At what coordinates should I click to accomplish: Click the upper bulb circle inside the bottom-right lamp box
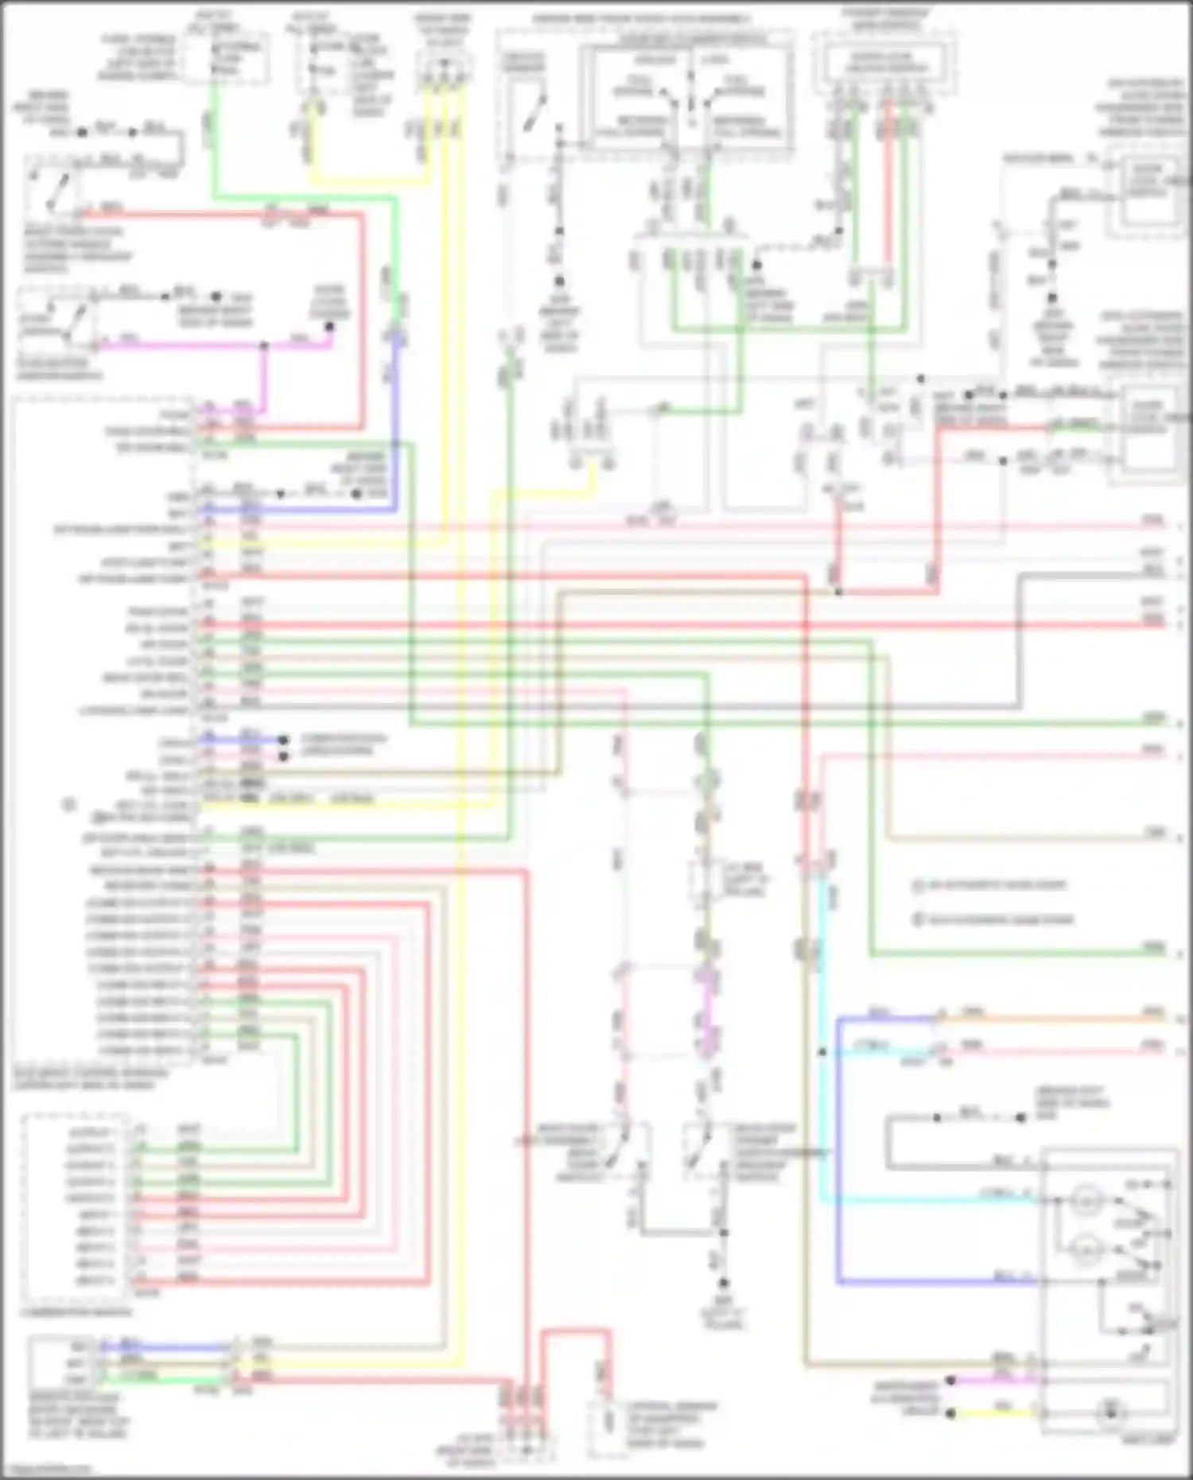pos(1084,1201)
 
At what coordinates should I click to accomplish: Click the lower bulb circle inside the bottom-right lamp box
pos(1084,1250)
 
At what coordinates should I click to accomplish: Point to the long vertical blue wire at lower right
pos(837,1153)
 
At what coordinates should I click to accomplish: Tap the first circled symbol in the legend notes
pos(918,885)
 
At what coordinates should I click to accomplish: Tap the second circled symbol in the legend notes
pos(918,920)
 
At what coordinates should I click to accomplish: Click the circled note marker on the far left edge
pos(69,805)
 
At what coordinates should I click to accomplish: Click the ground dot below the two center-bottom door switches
pos(723,1283)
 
